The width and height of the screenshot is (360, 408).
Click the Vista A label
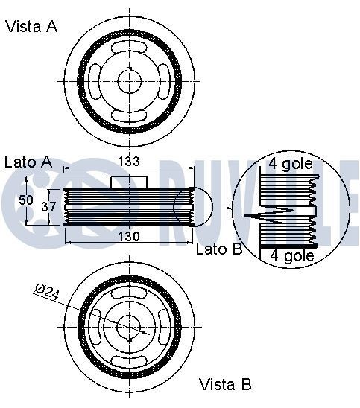(x=31, y=27)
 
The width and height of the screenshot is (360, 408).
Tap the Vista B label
(x=225, y=384)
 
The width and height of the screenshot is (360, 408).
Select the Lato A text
(x=28, y=162)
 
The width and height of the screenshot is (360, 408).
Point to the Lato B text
(x=219, y=249)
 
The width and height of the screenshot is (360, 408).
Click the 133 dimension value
(x=129, y=162)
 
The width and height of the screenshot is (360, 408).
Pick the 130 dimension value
(x=129, y=237)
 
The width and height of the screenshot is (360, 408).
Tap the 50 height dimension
(x=26, y=200)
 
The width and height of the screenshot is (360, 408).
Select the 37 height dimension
(x=48, y=206)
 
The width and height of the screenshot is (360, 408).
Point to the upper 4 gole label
(x=291, y=164)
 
